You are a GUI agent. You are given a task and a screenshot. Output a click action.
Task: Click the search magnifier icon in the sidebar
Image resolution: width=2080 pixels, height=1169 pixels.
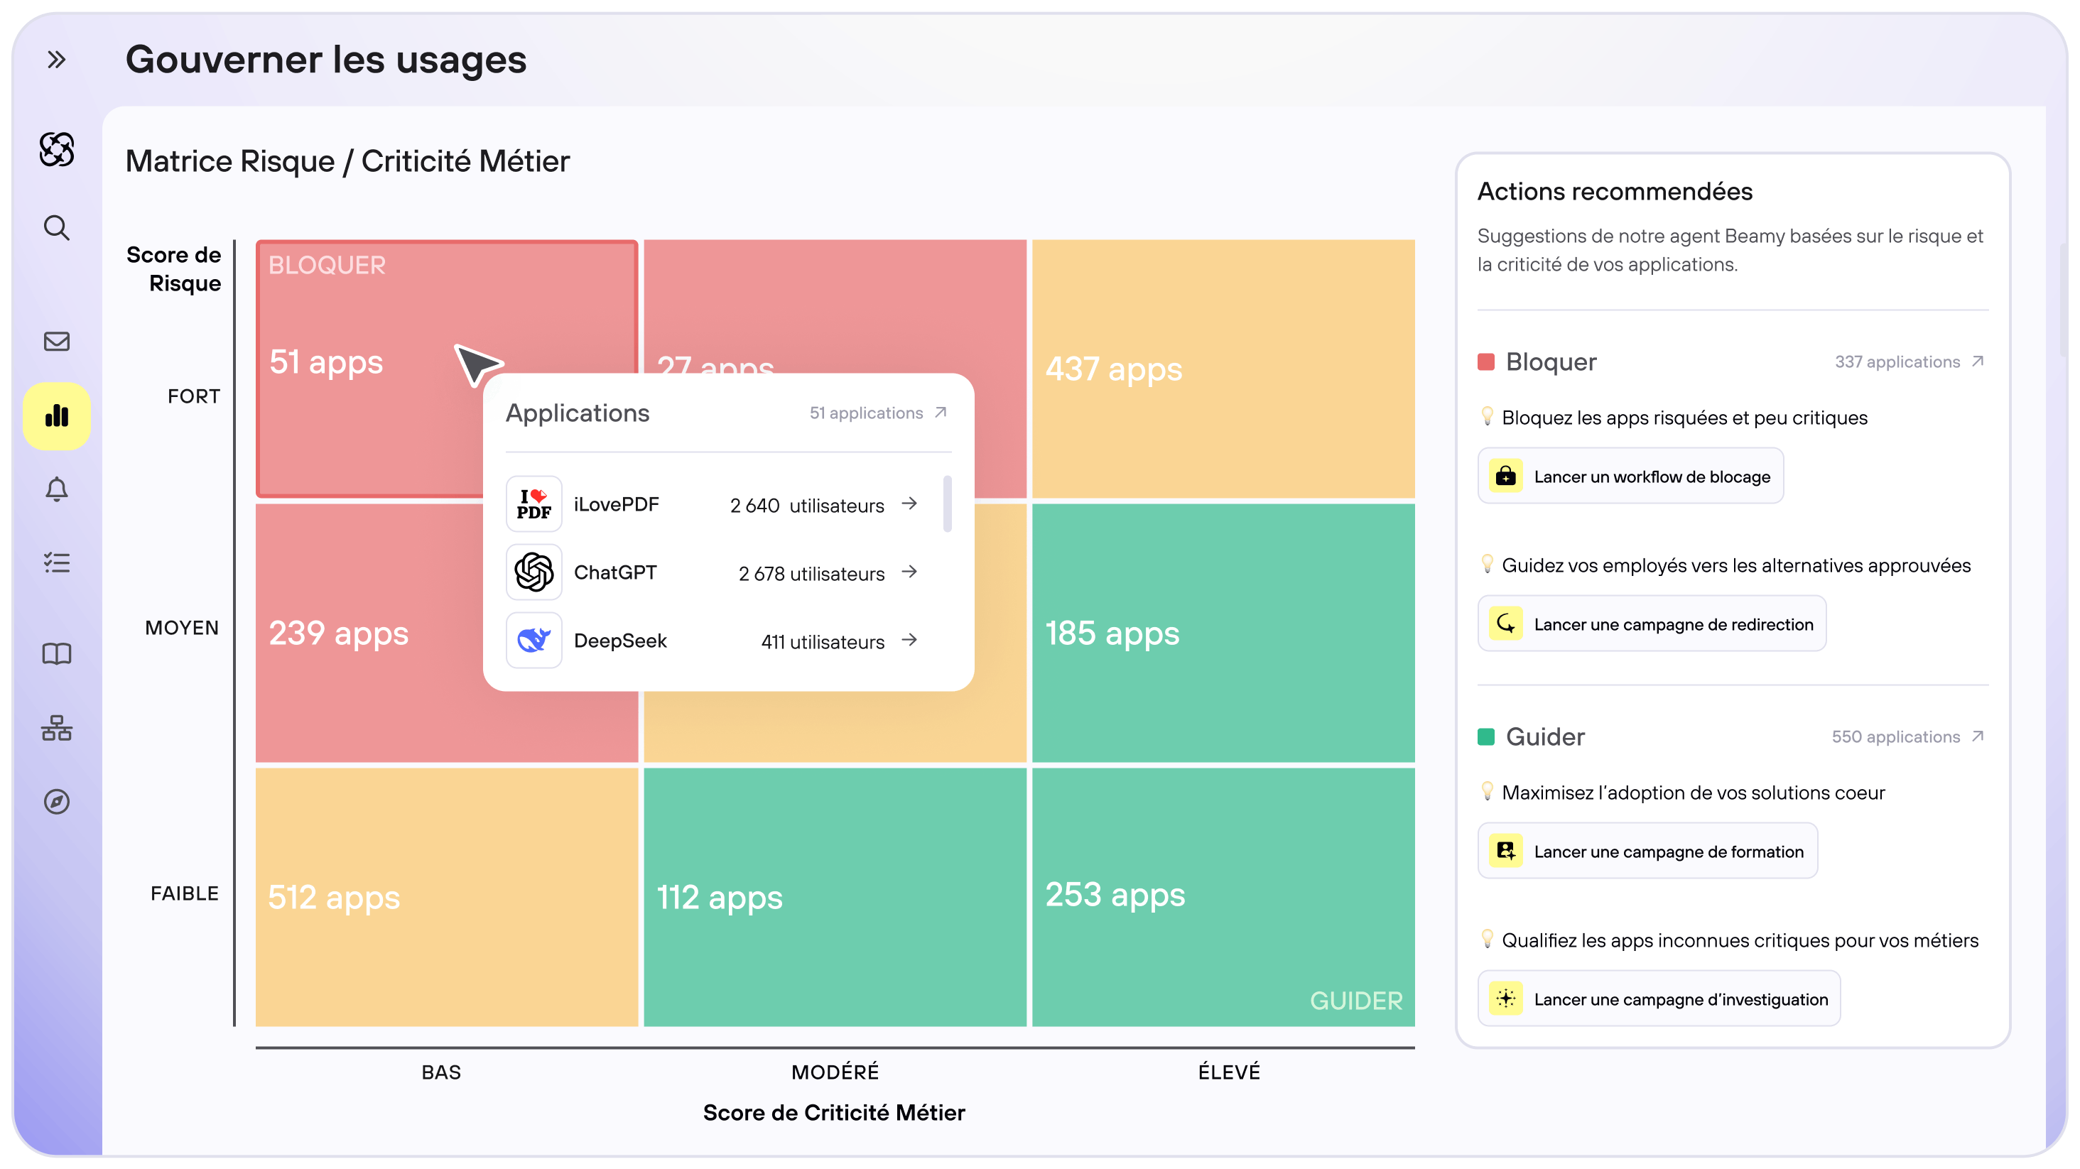pyautogui.click(x=57, y=228)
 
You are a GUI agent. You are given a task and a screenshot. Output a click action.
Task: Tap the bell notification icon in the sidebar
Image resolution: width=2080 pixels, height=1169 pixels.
pyautogui.click(x=57, y=489)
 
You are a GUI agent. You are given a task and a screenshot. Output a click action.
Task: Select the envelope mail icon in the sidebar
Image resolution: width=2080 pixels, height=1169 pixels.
pyautogui.click(x=57, y=342)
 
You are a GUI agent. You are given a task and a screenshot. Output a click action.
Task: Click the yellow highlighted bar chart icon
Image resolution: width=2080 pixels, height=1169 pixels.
pyautogui.click(x=57, y=415)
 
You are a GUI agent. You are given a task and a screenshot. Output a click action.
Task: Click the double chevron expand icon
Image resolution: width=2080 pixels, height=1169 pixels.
pyautogui.click(x=57, y=60)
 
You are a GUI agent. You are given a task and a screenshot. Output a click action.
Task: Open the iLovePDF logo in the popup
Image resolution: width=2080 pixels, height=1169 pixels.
pyautogui.click(x=533, y=504)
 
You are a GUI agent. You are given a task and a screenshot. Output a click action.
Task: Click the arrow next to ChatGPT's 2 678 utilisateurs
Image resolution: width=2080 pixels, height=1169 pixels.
pyautogui.click(x=910, y=572)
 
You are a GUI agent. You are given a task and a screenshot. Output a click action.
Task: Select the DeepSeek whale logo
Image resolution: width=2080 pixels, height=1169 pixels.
pyautogui.click(x=533, y=640)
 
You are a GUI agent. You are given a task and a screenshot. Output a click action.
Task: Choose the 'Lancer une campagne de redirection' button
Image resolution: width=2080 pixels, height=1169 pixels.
pyautogui.click(x=1652, y=624)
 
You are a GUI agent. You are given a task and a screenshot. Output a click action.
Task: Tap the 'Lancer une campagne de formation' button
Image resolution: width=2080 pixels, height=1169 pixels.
pyautogui.click(x=1647, y=851)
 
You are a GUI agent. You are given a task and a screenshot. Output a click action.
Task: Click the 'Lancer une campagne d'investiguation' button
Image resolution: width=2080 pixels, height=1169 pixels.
pyautogui.click(x=1659, y=999)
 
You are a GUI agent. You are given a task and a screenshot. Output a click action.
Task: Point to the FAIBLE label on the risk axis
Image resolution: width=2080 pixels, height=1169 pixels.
pyautogui.click(x=184, y=893)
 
